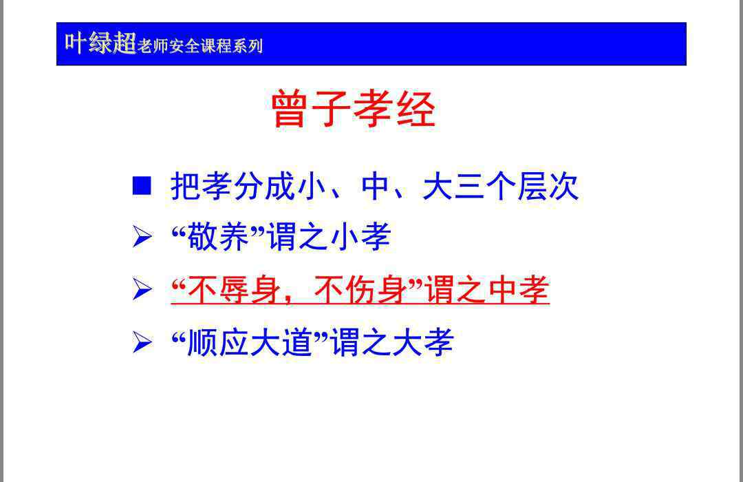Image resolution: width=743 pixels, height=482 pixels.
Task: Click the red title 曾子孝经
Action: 353,109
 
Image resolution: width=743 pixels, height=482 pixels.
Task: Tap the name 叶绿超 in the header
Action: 100,43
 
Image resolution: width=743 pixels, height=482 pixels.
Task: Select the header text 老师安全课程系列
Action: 200,46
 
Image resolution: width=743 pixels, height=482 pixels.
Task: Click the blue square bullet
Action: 142,186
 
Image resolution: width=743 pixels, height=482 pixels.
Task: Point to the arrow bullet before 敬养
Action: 142,237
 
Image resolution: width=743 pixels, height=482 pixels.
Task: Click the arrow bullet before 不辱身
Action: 142,289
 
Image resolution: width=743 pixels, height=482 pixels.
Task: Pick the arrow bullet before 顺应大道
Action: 142,342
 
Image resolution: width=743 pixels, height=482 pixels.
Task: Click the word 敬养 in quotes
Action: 219,237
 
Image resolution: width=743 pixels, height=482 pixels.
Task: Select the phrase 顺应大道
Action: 250,342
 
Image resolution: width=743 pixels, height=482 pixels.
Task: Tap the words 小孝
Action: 360,237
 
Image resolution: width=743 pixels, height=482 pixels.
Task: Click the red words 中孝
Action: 519,289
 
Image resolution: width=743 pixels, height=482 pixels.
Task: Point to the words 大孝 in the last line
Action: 423,342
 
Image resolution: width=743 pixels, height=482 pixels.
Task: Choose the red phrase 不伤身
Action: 360,289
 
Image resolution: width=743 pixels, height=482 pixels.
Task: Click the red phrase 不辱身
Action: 234,289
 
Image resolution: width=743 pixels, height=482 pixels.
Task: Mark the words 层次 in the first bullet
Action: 548,186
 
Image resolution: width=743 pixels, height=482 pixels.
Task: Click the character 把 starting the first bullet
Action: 186,186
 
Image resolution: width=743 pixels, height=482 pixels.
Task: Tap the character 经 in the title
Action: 416,109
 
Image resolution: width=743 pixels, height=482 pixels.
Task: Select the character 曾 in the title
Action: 288,109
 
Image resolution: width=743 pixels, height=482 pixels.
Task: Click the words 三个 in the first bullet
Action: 485,186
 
